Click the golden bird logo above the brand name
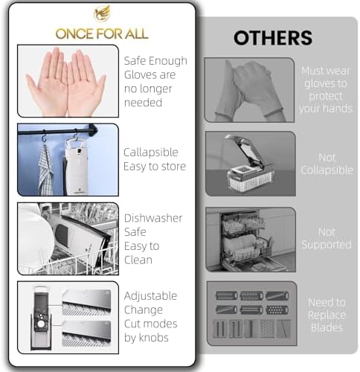pos(102,13)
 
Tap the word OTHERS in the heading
pos(273,38)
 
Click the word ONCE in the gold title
pos(74,33)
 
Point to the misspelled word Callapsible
pos(151,153)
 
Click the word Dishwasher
pos(153,218)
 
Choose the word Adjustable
pos(150,296)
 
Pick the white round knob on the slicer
pos(41,324)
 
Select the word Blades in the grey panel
pos(327,327)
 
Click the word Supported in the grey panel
pos(327,245)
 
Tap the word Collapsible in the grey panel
pos(327,170)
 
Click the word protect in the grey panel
pos(326,96)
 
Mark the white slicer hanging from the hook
pos(77,167)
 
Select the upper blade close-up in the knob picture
pos(86,302)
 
